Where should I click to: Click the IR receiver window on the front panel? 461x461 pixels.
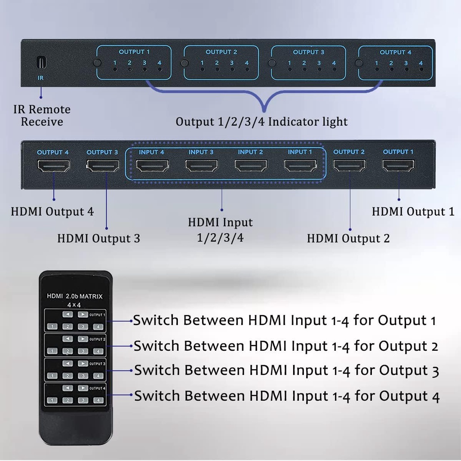[x=41, y=62]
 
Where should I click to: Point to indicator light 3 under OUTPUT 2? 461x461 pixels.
[x=232, y=70]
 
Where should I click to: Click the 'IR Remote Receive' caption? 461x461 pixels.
[x=42, y=116]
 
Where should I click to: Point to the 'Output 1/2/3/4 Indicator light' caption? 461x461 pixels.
[x=262, y=122]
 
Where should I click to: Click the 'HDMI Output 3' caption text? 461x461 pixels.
[x=99, y=238]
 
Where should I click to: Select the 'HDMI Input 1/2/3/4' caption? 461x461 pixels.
[x=221, y=230]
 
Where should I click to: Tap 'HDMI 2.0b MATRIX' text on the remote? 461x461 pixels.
[x=75, y=296]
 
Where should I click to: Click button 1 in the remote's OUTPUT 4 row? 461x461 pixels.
[x=53, y=400]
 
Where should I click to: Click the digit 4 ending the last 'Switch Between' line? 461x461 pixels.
[x=435, y=396]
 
